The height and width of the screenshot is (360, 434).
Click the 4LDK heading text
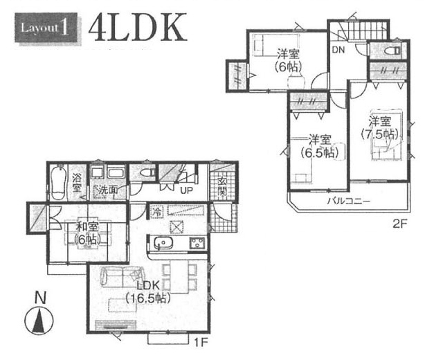pyautogui.click(x=138, y=28)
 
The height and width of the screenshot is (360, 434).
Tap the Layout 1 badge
pyautogui.click(x=46, y=28)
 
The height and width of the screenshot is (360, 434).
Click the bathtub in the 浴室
pyautogui.click(x=58, y=183)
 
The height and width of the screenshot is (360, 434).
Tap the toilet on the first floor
pyautogui.click(x=147, y=173)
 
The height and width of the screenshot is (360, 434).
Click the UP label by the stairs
pyautogui.click(x=186, y=190)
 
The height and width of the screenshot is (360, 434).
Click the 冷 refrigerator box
pyautogui.click(x=157, y=212)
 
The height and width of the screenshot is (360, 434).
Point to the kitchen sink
pyautogui.click(x=163, y=244)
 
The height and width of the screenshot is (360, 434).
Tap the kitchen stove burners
pyautogui.click(x=197, y=243)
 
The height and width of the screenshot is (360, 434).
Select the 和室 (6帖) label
pyautogui.click(x=87, y=234)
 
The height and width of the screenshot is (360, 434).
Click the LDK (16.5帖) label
pyautogui.click(x=147, y=292)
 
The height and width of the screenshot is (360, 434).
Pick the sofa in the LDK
pyautogui.click(x=122, y=276)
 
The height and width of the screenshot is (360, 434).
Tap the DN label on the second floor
pyautogui.click(x=338, y=50)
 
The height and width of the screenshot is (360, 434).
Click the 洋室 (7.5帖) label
pyautogui.click(x=379, y=128)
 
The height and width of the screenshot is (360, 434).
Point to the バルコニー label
pyautogui.click(x=349, y=201)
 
